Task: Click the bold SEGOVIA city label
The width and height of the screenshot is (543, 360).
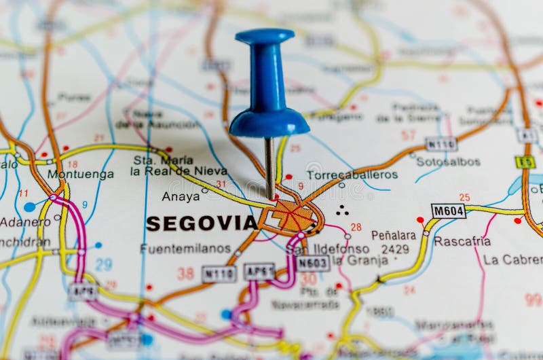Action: (202, 223)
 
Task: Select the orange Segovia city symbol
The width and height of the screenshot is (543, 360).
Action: (293, 216)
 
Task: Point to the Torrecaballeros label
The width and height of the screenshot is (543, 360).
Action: (352, 175)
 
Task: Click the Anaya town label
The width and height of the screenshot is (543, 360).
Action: (181, 196)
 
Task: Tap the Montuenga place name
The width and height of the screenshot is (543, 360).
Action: (80, 175)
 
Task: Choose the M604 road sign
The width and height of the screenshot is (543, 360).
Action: (448, 211)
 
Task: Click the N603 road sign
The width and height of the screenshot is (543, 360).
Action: (313, 263)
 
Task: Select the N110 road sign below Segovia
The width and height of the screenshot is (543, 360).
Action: (219, 274)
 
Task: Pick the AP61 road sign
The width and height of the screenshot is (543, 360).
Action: (259, 271)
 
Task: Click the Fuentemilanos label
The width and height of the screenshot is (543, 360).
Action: (185, 249)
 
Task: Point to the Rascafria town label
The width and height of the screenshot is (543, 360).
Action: (462, 241)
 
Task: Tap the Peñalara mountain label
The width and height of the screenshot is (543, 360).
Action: (393, 235)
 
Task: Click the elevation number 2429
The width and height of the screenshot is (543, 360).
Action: (395, 249)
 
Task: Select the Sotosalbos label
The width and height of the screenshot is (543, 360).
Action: (448, 162)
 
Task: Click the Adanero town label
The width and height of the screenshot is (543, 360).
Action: (25, 221)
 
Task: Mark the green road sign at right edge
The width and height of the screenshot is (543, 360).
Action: (524, 162)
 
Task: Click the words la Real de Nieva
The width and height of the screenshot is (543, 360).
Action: (179, 172)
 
